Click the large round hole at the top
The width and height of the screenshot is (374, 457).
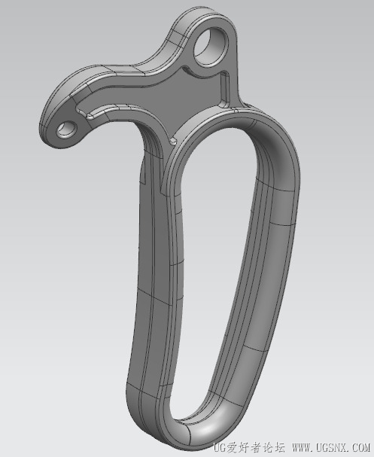click(x=210, y=46)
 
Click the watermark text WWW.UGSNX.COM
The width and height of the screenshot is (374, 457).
click(x=330, y=446)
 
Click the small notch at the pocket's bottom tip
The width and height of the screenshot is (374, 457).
click(x=173, y=142)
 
